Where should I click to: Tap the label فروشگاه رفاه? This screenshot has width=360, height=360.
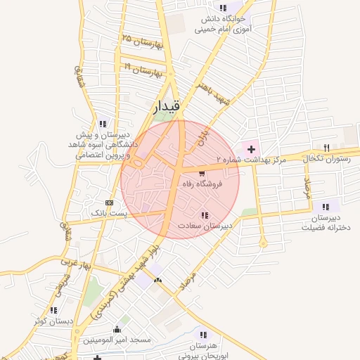click(x=202, y=184)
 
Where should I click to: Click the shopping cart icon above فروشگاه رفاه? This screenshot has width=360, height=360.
click(x=202, y=172)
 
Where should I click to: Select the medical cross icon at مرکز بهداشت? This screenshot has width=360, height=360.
click(x=250, y=149)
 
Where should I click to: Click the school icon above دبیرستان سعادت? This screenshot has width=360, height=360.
click(x=205, y=215)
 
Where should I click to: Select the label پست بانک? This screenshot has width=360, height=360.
click(x=107, y=212)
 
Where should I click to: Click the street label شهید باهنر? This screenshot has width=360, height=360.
click(x=214, y=96)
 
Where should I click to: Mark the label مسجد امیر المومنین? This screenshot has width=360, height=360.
click(x=117, y=340)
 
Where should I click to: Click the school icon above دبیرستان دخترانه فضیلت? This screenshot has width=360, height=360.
click(x=325, y=207)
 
